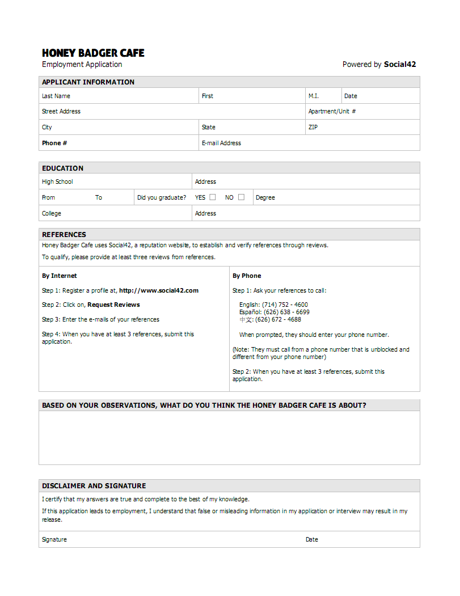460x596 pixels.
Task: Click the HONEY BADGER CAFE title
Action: coord(93,53)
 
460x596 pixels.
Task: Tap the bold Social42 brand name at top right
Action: coord(400,64)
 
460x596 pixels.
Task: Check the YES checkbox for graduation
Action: coord(213,197)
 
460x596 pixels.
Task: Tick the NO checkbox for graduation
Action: coord(241,197)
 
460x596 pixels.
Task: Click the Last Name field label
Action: coord(56,96)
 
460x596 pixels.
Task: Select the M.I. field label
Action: coord(314,96)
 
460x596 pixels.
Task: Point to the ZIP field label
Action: coord(313,127)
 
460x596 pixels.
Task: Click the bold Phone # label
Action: coord(54,143)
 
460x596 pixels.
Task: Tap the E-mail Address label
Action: coord(221,143)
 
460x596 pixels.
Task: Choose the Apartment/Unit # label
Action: coord(332,111)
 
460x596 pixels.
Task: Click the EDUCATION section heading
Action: coord(62,168)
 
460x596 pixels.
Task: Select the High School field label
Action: coord(57,181)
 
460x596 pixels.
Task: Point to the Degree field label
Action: coord(265,197)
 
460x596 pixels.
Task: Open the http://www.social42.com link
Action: coord(159,290)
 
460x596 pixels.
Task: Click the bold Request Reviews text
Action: coord(113,305)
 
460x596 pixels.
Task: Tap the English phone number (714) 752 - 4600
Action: coord(285,305)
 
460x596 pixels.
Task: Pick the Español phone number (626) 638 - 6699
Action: coord(286,312)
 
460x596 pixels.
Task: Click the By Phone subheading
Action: coord(247,276)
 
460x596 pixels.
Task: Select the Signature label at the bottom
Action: coord(54,539)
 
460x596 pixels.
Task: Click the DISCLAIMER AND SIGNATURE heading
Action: coord(94,485)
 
